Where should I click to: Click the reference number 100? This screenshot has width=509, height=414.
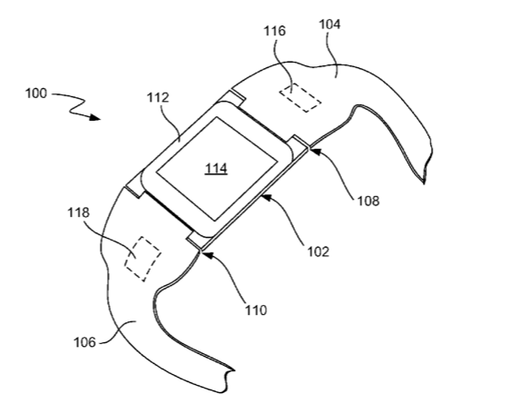point(36,94)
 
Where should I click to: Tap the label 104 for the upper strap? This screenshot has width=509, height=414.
point(330,25)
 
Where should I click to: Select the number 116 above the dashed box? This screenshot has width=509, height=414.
point(275,31)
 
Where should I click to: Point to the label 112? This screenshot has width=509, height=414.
point(158,97)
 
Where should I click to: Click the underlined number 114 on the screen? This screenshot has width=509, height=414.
point(216,169)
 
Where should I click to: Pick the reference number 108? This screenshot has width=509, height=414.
point(368,202)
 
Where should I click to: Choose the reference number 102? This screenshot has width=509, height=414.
point(318,251)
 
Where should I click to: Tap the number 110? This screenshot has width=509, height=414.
point(256,310)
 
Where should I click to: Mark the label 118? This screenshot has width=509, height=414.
point(78,212)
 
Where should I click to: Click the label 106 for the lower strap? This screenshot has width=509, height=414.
point(84,342)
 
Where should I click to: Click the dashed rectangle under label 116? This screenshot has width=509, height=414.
point(300,97)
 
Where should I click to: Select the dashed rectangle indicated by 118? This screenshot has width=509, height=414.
point(142,259)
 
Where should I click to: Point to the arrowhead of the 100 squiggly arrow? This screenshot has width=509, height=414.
point(94,117)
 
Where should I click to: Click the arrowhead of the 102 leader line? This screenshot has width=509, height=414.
point(267,197)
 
